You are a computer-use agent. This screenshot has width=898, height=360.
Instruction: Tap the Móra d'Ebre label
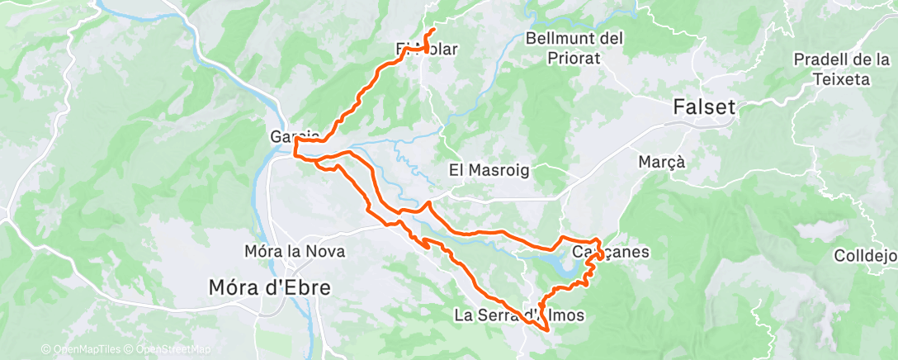pyautogui.click(x=270, y=288)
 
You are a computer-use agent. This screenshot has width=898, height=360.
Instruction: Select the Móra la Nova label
pyautogui.click(x=295, y=251)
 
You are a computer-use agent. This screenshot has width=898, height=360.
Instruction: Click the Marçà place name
pyautogui.click(x=662, y=162)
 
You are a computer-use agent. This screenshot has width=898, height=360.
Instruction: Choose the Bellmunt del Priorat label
pyautogui.click(x=574, y=48)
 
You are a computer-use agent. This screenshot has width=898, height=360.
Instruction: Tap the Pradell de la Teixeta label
pyautogui.click(x=841, y=69)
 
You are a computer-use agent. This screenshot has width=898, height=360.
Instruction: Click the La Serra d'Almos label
pyautogui.click(x=520, y=315)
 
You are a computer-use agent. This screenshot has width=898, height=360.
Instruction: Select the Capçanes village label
pyautogui.click(x=597, y=252)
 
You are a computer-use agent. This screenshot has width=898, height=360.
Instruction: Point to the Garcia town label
pyautogui.click(x=295, y=135)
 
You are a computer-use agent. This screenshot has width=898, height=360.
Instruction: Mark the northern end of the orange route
pyautogui.click(x=434, y=30)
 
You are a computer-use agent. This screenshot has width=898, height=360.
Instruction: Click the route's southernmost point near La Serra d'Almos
pyautogui.click(x=547, y=332)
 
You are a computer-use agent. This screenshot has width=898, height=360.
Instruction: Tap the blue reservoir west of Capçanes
pyautogui.click(x=562, y=266)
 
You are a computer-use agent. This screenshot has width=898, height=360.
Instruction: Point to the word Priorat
pyautogui.click(x=574, y=59)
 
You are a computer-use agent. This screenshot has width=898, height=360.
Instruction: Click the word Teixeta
pyautogui.click(x=841, y=79)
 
